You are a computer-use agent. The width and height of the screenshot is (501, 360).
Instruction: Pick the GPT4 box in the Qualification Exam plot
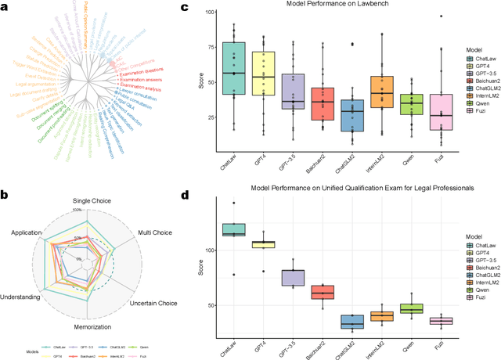coord(266,244)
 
